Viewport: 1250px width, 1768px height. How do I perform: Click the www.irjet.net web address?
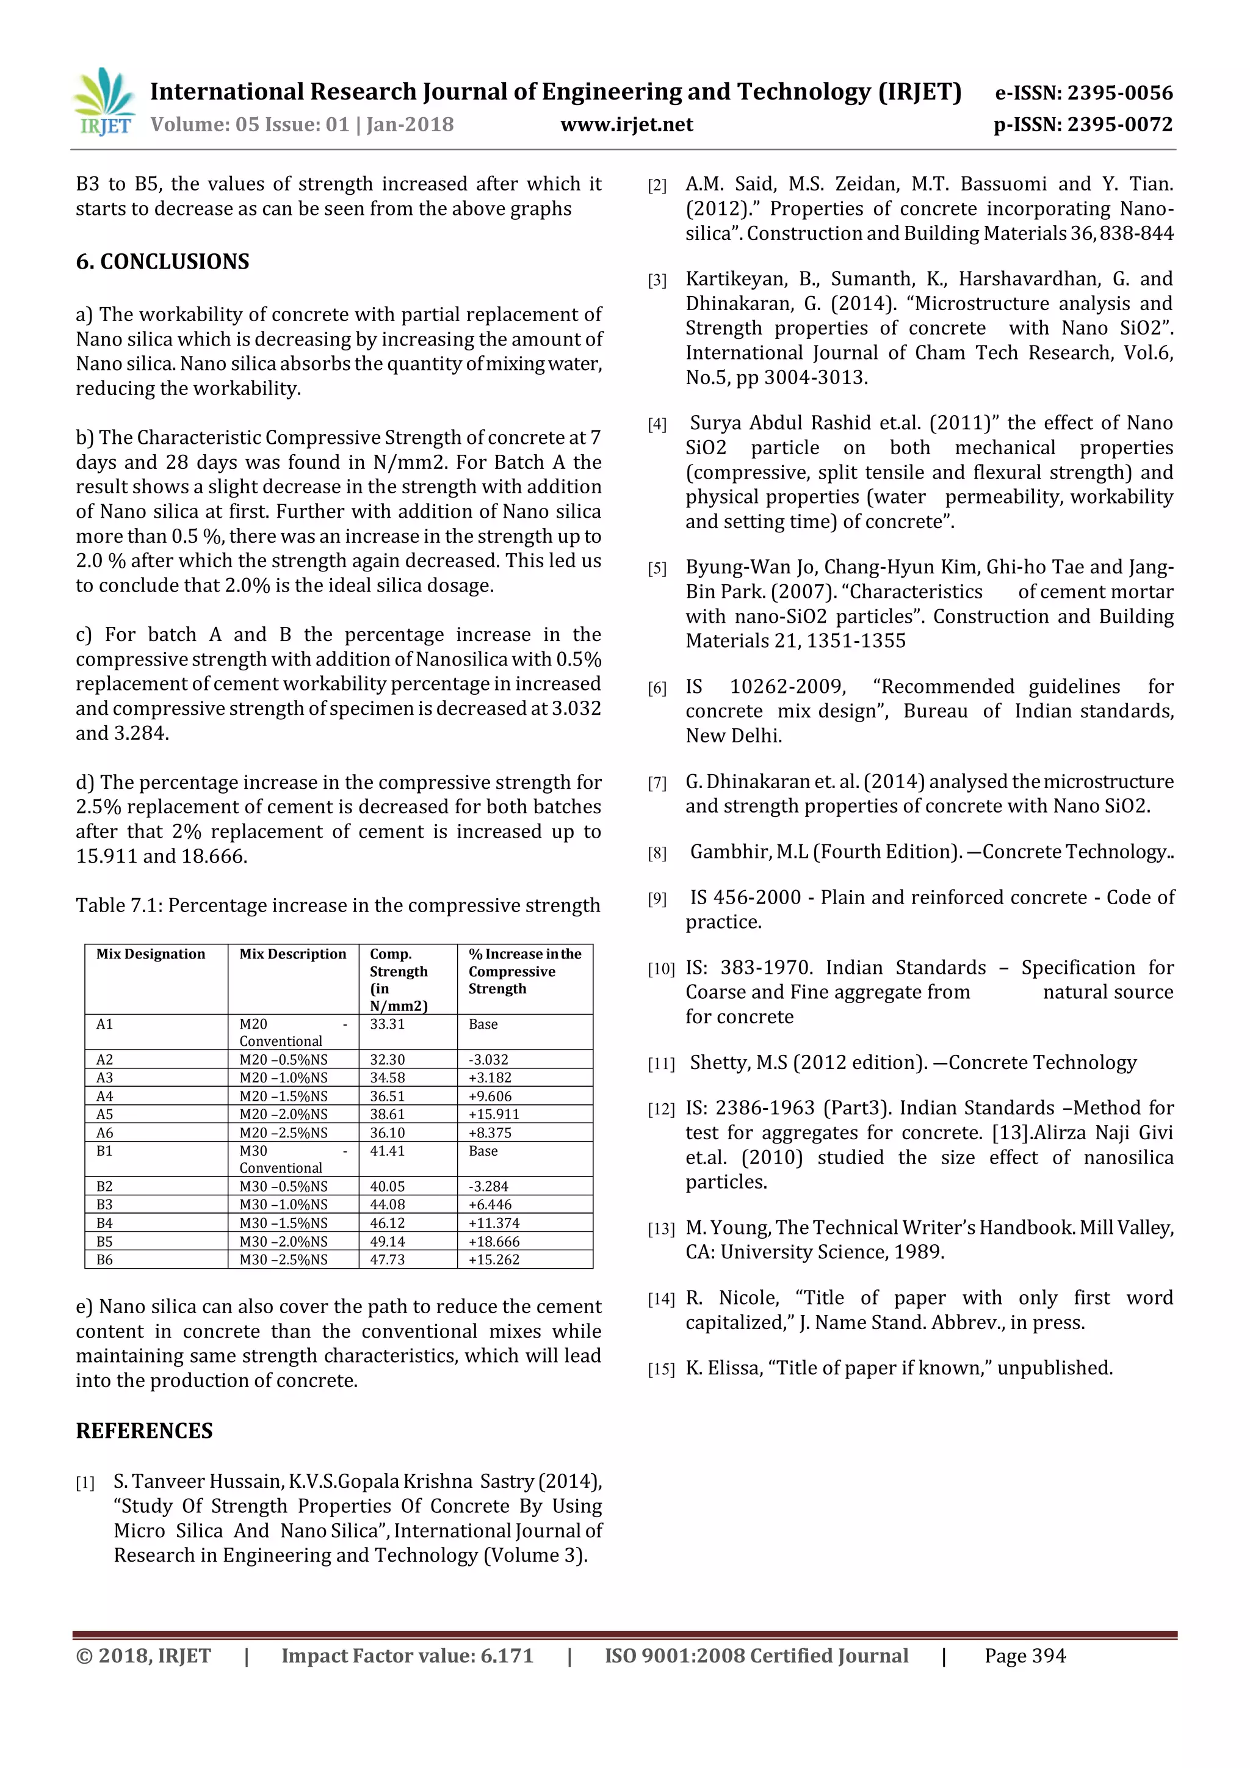tap(627, 125)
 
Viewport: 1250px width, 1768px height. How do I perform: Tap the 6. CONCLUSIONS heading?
tap(162, 262)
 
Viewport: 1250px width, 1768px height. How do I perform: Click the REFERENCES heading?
tap(144, 1431)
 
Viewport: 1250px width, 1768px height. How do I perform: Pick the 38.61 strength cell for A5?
tap(387, 1114)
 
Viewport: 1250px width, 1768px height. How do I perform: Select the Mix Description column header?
tap(292, 954)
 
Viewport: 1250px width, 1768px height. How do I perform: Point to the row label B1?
tap(105, 1151)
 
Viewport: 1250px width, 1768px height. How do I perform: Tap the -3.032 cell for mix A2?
tap(489, 1060)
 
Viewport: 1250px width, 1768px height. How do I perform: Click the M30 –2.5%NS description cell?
tap(283, 1260)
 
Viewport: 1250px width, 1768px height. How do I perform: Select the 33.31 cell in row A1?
tap(387, 1024)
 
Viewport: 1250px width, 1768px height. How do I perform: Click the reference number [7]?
tap(657, 783)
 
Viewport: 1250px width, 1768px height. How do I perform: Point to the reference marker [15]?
tap(660, 1369)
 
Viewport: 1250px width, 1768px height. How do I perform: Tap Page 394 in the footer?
tap(1025, 1656)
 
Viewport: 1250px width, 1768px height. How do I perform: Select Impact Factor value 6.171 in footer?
tap(407, 1656)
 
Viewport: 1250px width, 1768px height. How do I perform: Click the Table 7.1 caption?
tap(337, 905)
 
